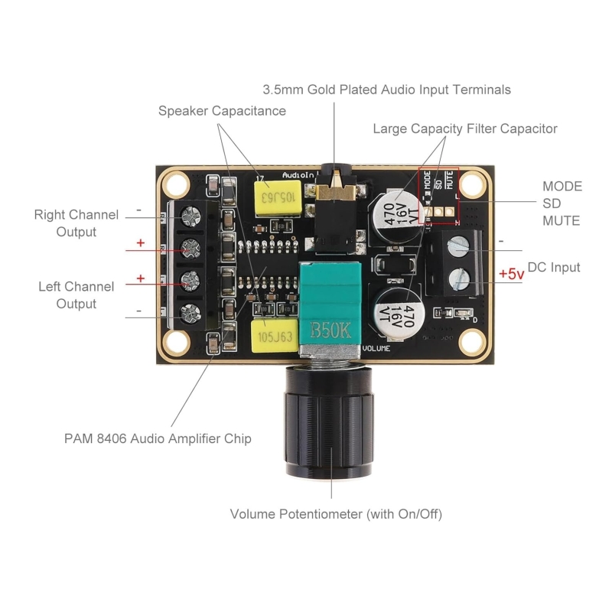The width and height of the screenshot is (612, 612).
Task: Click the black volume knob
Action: [x=329, y=422]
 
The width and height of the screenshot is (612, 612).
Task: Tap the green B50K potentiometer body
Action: [x=330, y=305]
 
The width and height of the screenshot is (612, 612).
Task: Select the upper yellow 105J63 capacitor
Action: [x=278, y=198]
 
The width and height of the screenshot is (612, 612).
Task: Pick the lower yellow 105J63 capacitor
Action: [x=275, y=336]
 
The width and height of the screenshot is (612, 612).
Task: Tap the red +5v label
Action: [x=511, y=274]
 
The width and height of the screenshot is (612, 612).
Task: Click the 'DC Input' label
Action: [x=554, y=267]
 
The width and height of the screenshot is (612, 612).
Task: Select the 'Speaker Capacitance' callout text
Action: [x=222, y=111]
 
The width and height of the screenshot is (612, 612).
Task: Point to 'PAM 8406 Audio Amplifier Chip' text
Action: [x=158, y=438]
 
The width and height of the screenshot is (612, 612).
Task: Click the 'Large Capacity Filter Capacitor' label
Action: [x=465, y=129]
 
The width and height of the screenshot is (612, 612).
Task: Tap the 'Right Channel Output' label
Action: [x=76, y=223]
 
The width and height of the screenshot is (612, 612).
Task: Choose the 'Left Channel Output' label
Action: [x=76, y=295]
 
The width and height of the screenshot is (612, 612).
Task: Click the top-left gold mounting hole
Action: [x=176, y=184]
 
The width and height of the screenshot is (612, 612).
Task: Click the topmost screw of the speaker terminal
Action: [x=191, y=216]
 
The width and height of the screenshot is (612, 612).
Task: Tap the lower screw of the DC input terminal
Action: [x=459, y=279]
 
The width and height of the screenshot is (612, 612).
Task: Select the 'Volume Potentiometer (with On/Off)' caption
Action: [x=336, y=514]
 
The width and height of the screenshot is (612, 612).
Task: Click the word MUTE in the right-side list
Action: [x=562, y=221]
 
